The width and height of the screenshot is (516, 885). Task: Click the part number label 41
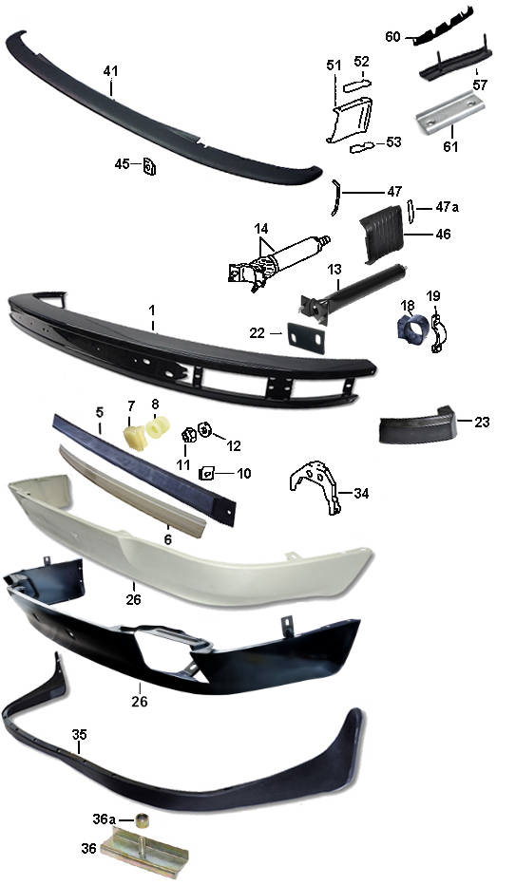(x=110, y=71)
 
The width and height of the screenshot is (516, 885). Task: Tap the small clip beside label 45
(x=149, y=166)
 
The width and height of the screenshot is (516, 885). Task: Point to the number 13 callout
(x=334, y=270)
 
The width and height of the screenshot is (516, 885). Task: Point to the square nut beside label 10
(x=207, y=473)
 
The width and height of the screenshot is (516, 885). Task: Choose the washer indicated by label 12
(x=204, y=431)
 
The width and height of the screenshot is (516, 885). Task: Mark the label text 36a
(x=104, y=819)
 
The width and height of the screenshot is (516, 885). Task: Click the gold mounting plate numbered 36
(x=143, y=847)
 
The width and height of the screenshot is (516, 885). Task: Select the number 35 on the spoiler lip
(x=80, y=734)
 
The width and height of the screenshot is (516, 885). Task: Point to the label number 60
(x=392, y=37)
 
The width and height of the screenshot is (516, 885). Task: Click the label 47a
(x=447, y=207)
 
